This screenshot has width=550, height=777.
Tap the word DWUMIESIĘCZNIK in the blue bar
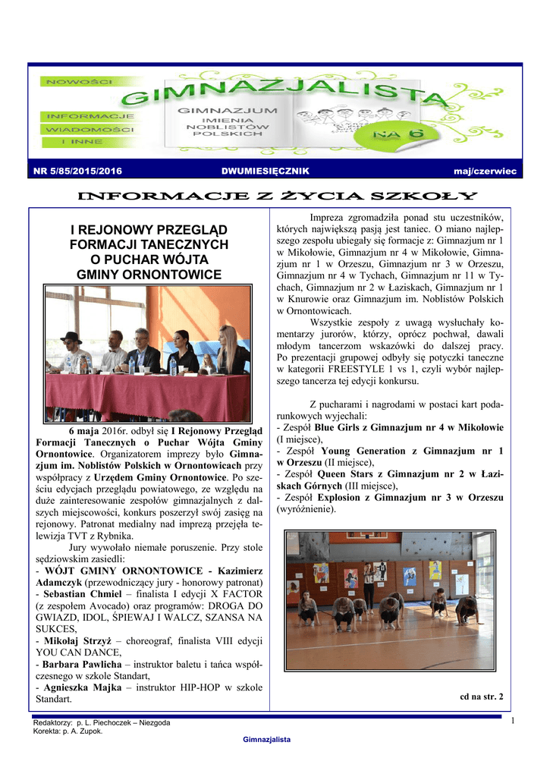pos(265,172)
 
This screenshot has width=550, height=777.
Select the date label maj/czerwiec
pos(485,172)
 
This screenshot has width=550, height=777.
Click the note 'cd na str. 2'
pos(482,695)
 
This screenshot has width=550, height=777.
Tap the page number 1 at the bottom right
pos(513,720)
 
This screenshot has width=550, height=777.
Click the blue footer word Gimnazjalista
pos(266,739)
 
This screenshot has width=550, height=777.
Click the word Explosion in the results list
pos(341,497)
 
